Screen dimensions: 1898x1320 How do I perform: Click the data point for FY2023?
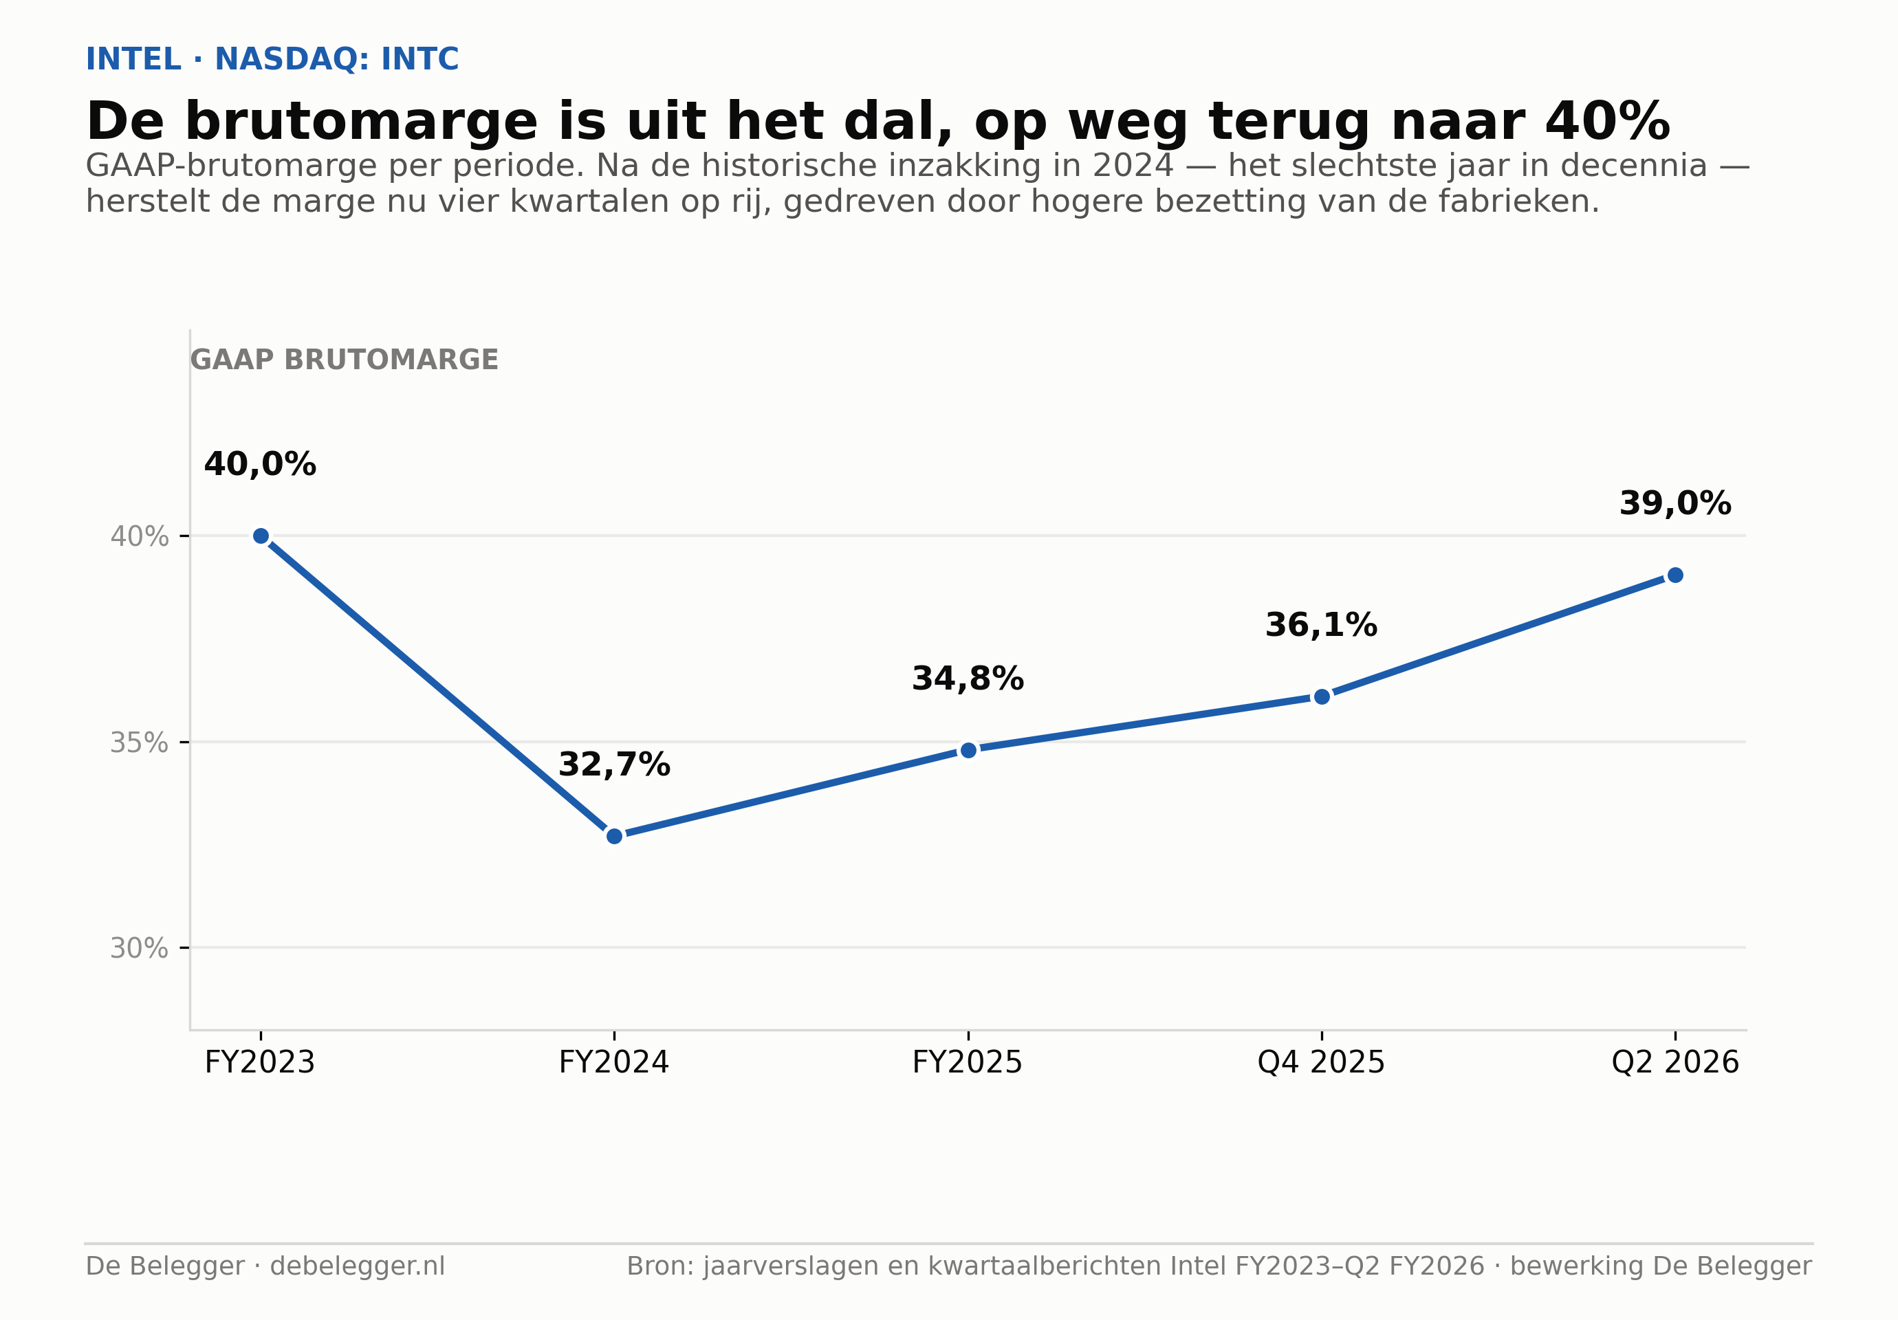click(261, 536)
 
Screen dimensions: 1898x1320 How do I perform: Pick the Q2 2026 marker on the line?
click(1675, 575)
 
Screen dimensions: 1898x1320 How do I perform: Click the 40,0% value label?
click(261, 465)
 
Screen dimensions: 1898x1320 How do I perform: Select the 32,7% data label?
click(614, 764)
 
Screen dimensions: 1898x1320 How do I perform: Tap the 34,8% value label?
click(968, 679)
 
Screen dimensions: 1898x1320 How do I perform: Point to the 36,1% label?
click(1321, 625)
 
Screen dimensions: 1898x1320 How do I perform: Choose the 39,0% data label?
click(1675, 503)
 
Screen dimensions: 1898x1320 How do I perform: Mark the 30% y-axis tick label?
click(139, 948)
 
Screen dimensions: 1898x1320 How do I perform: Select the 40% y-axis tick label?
click(139, 536)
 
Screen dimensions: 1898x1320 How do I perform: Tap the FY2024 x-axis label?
click(614, 1062)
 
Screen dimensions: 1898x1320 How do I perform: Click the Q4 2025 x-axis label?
click(1321, 1062)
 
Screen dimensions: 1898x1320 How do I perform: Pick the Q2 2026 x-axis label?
click(1675, 1062)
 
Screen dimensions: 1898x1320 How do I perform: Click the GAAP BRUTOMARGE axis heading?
click(345, 360)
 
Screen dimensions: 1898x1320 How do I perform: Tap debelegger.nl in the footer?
click(358, 1266)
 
